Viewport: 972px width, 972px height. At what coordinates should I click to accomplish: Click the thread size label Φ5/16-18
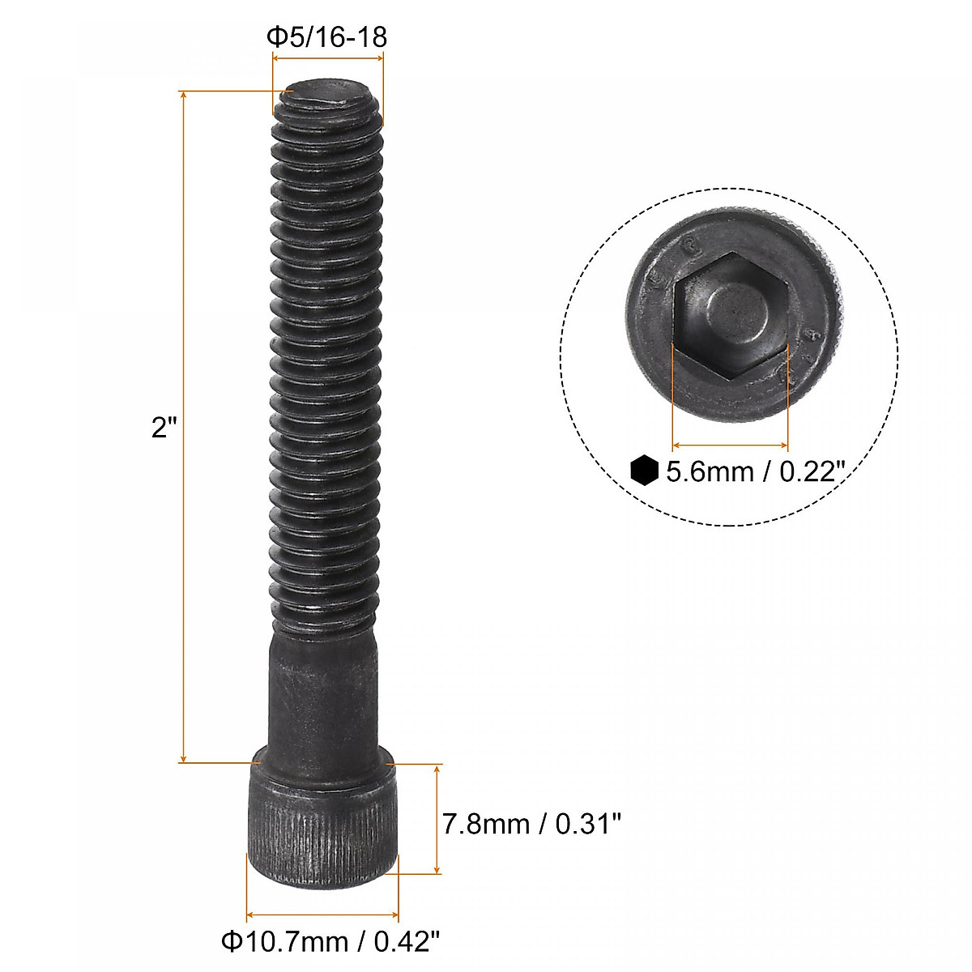click(327, 37)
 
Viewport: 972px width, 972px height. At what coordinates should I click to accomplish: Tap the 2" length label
click(164, 427)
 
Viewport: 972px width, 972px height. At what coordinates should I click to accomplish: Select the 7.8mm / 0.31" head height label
click(531, 824)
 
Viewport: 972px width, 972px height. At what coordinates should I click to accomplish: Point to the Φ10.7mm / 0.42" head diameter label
click(330, 941)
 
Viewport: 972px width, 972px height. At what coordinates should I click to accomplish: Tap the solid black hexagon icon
click(643, 470)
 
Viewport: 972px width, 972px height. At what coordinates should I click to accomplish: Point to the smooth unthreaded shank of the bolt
click(322, 697)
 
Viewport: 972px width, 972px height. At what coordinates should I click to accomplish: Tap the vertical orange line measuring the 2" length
click(185, 427)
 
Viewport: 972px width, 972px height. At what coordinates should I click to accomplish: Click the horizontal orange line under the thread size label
click(327, 58)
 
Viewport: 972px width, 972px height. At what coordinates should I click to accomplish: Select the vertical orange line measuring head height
click(437, 818)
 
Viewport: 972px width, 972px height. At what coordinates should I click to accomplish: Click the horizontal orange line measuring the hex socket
click(730, 445)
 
